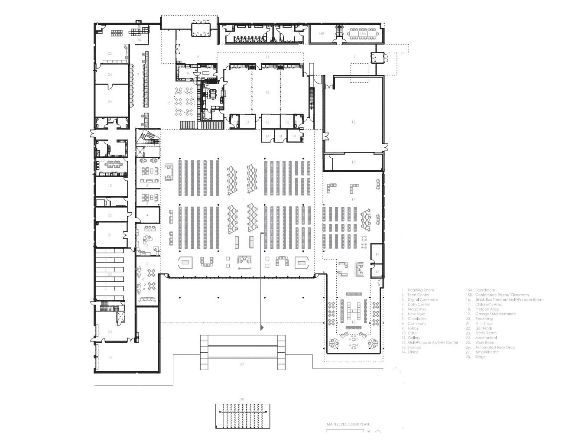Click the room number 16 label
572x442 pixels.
tap(353, 122)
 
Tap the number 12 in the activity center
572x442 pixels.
tap(267, 92)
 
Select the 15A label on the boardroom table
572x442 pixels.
tap(363, 33)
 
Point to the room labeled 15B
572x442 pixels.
tap(321, 33)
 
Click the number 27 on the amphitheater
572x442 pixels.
tap(242, 365)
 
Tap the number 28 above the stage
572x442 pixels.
tap(242, 399)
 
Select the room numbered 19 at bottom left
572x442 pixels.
tap(110, 357)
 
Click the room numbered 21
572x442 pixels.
tap(110, 235)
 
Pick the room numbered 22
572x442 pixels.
tap(110, 215)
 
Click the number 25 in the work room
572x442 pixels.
tap(110, 53)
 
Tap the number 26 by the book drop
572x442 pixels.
tap(139, 40)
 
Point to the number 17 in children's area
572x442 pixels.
tap(353, 199)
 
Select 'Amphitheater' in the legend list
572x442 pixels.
tap(487, 352)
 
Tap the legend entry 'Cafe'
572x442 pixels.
tap(413, 333)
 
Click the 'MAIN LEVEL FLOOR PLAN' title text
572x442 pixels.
tap(348, 425)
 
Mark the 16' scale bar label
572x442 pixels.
tap(368, 431)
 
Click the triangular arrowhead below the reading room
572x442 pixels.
tap(262, 328)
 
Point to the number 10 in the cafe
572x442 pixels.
tap(187, 73)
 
